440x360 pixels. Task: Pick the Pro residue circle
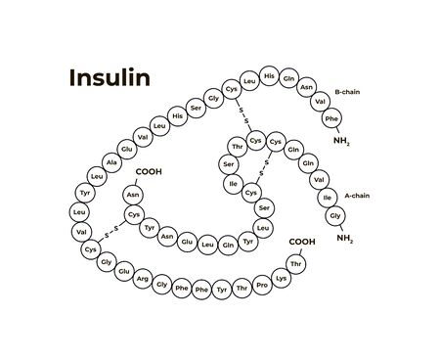click(261, 284)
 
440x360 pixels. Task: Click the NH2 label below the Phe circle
click(340, 141)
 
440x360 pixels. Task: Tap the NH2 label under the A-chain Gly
click(345, 238)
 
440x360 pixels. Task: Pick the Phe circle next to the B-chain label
click(331, 119)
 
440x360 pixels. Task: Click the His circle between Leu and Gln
click(269, 76)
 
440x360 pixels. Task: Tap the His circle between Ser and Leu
click(177, 117)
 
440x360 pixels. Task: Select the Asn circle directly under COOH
click(133, 195)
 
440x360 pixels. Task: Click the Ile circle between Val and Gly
click(329, 197)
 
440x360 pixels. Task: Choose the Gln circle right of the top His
click(288, 77)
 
